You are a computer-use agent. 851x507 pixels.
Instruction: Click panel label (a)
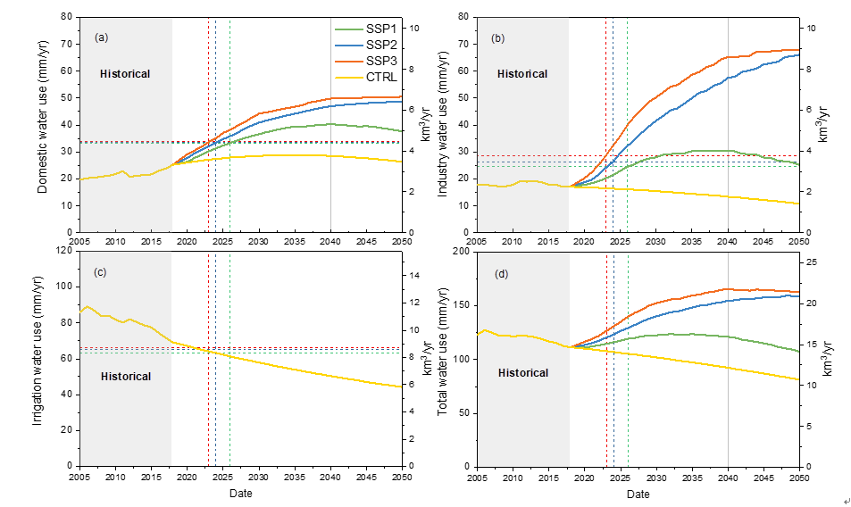(x=102, y=37)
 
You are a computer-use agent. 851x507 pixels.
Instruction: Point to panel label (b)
(x=498, y=37)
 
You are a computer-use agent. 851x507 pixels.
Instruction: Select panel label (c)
(x=101, y=271)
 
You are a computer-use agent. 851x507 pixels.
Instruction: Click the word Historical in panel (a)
(x=125, y=74)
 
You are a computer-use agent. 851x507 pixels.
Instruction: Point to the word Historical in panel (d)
(x=522, y=373)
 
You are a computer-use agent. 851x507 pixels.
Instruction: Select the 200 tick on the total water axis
(x=462, y=251)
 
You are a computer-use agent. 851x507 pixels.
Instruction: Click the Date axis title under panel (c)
(x=240, y=494)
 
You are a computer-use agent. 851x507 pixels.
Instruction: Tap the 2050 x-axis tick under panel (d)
(x=798, y=479)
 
